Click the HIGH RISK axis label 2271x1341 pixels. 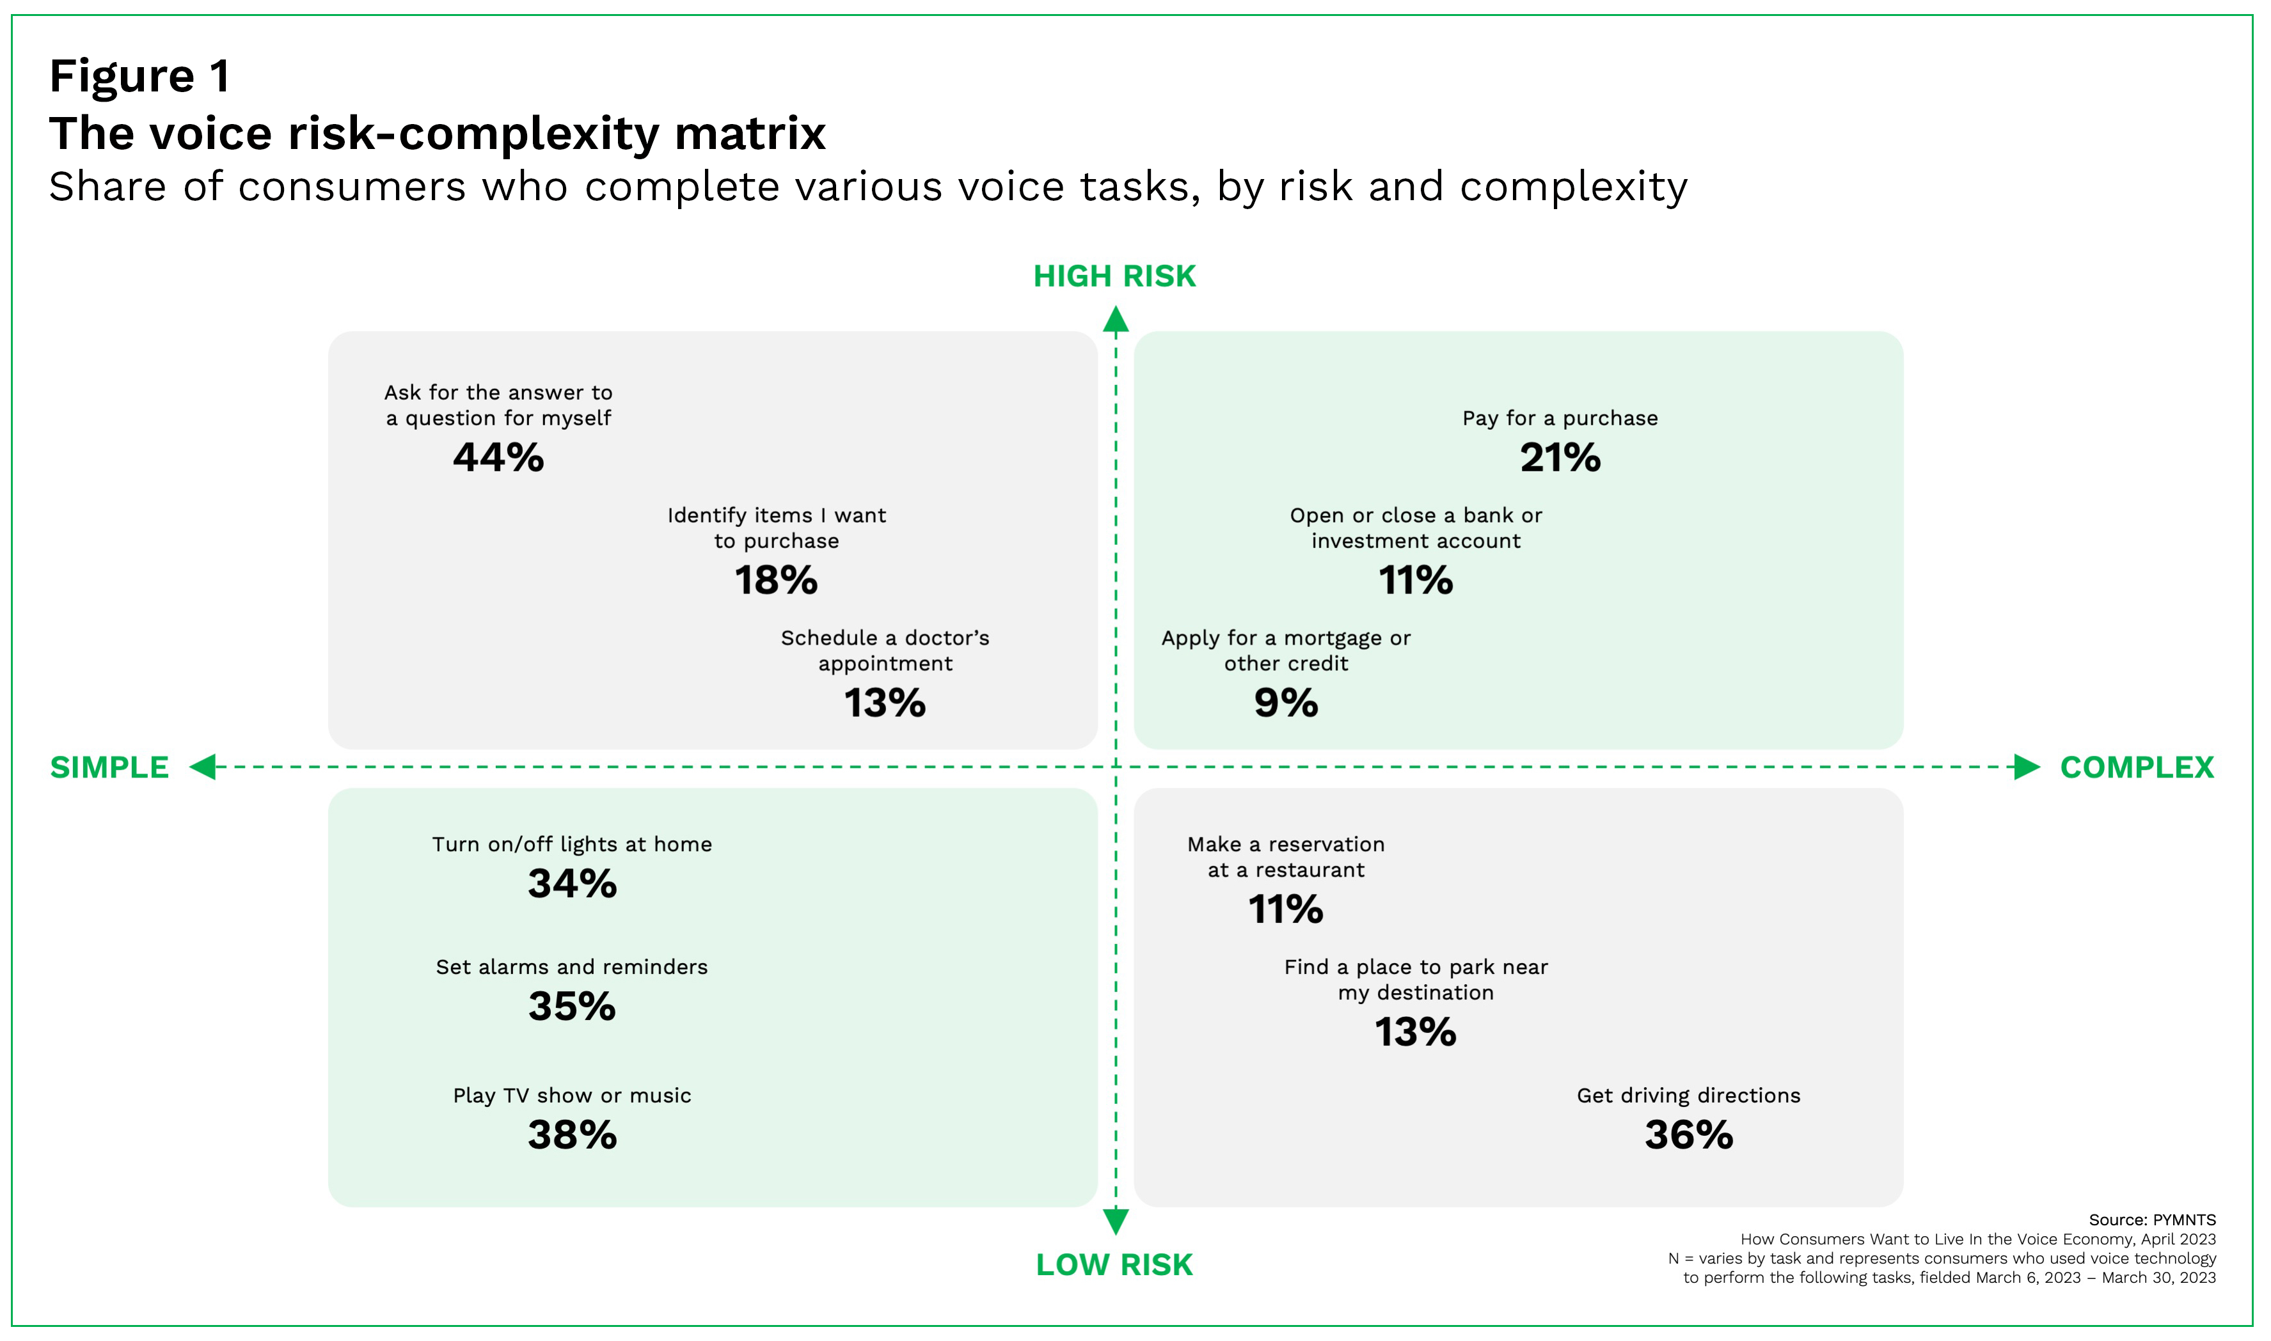click(x=1114, y=276)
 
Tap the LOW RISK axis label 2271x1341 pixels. click(x=1114, y=1265)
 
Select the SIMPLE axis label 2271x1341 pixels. click(x=109, y=767)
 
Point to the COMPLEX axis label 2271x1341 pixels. click(x=2137, y=767)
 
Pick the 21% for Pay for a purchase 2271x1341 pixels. click(x=1560, y=457)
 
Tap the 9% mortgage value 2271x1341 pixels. click(x=1285, y=703)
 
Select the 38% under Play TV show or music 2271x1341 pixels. click(x=572, y=1135)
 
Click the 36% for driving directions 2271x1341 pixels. click(x=1688, y=1135)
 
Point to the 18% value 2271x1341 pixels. click(x=775, y=580)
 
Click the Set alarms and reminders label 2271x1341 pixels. click(x=571, y=967)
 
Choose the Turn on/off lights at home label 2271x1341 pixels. click(x=571, y=844)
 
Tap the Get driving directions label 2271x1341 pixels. click(x=1688, y=1095)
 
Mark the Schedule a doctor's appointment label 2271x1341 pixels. click(x=885, y=650)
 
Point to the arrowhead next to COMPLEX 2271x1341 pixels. click(x=2027, y=767)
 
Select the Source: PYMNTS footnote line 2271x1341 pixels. click(x=2152, y=1220)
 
